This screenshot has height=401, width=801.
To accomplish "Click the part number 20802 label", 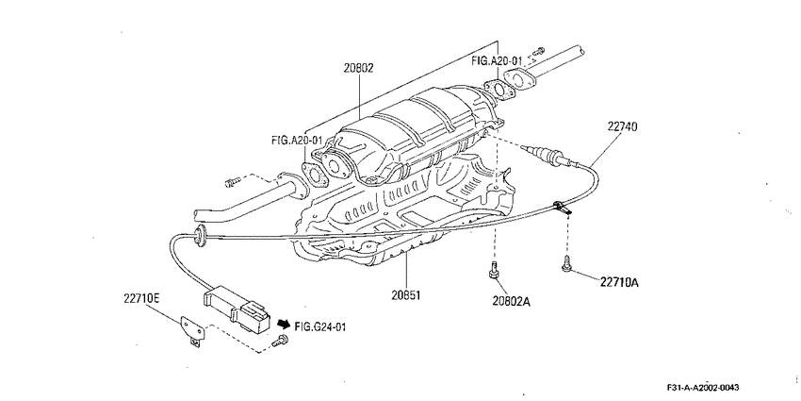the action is point(358,68).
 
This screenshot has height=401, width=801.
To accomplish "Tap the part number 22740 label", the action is point(622,125).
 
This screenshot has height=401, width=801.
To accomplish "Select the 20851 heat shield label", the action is point(407,295).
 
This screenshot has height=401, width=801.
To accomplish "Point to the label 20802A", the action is point(512,302).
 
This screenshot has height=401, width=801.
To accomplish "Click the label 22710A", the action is point(619,282).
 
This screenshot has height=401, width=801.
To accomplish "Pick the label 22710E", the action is point(141,298).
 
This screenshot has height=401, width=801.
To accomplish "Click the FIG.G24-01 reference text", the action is point(320,326).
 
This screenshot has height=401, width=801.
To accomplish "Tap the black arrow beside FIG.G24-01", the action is point(284,324).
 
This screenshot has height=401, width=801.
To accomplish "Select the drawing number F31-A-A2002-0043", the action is point(703,387).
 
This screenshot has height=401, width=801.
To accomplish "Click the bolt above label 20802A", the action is point(494,270).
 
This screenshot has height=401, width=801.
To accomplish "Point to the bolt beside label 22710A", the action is point(566,263).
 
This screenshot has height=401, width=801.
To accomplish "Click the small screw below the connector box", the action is point(280,341).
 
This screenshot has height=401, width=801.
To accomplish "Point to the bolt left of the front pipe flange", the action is point(232,181).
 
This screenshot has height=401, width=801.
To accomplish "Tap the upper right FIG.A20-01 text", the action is point(497,61).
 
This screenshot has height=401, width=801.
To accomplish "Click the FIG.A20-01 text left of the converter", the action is point(297,139).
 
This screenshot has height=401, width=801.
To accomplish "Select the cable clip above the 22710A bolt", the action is point(562,208).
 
